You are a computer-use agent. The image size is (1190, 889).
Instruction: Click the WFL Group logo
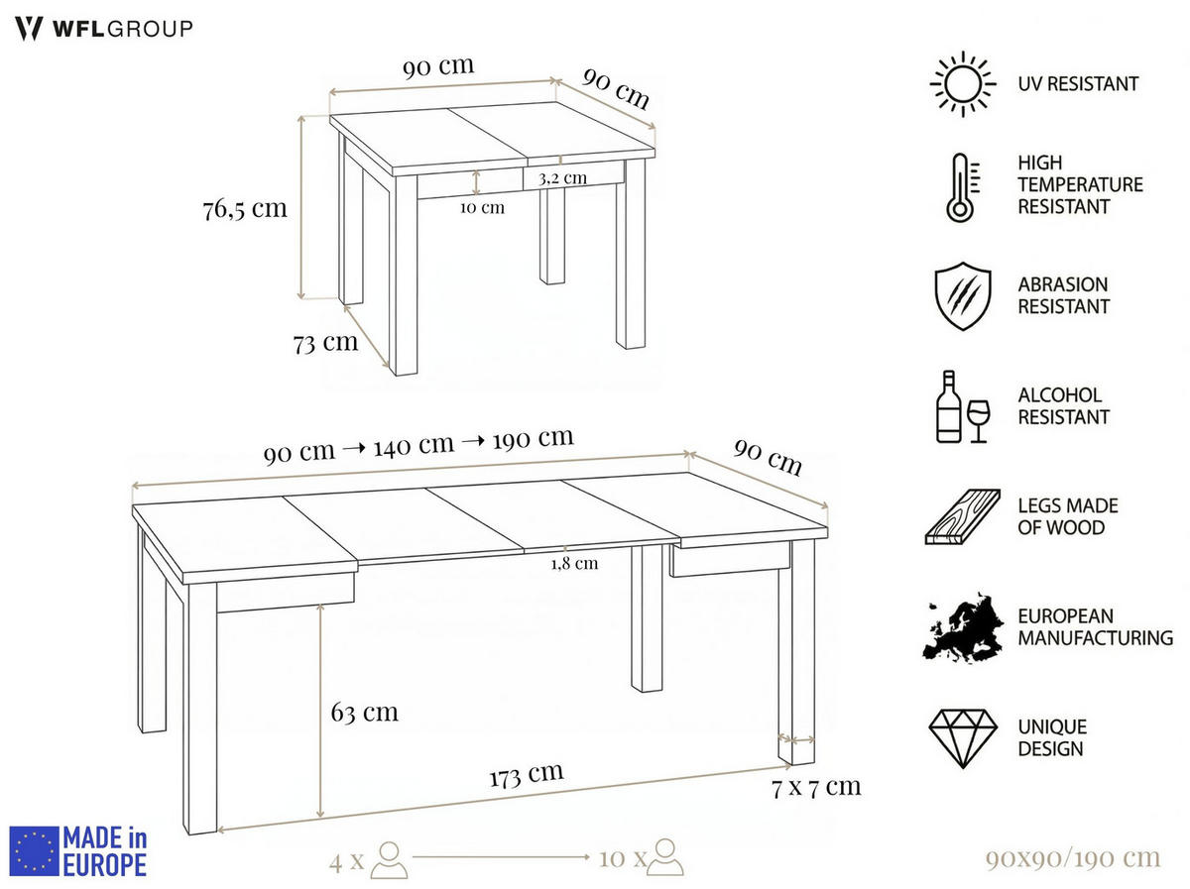tap(104, 28)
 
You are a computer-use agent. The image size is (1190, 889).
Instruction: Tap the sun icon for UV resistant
tap(962, 84)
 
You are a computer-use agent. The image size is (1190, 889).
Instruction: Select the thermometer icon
tap(960, 187)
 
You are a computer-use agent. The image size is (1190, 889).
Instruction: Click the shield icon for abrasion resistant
tap(961, 295)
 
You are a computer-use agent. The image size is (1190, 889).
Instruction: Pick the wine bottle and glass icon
tap(962, 406)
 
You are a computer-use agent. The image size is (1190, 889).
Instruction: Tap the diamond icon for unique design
tap(962, 738)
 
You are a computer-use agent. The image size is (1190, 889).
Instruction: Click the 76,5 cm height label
tap(244, 209)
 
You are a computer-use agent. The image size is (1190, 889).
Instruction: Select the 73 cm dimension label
tap(325, 343)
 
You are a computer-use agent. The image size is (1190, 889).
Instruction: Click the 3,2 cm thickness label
tap(562, 178)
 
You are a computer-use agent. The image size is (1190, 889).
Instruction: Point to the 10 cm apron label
tap(482, 207)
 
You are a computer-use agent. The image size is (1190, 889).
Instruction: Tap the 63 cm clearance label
tap(365, 712)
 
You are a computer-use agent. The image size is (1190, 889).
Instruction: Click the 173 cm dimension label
tap(526, 774)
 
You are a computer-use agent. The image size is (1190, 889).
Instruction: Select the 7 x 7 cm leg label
tap(815, 787)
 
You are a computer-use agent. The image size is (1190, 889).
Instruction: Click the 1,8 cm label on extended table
tap(574, 563)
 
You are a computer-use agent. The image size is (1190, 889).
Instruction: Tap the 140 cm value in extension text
tap(414, 445)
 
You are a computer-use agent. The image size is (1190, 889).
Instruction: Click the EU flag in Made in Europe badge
tap(34, 851)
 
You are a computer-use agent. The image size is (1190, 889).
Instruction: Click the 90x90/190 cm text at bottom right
tap(1072, 857)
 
